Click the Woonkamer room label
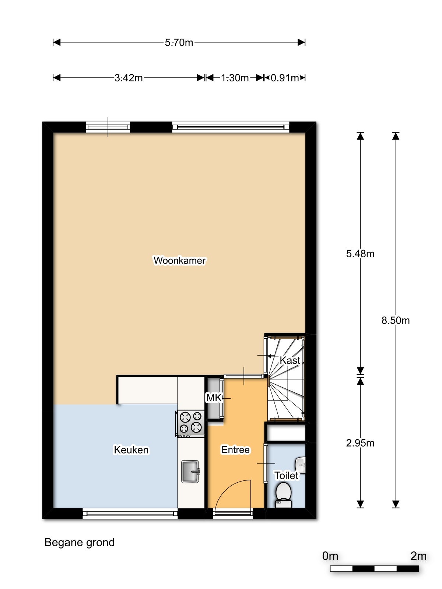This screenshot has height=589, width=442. click(179, 260)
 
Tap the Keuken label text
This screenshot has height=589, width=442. click(131, 450)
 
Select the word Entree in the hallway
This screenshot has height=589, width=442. click(235, 450)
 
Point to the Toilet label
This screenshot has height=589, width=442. click(286, 476)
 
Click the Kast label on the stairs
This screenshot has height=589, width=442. click(290, 360)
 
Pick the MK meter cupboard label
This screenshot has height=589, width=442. click(214, 398)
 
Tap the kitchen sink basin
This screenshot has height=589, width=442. click(190, 472)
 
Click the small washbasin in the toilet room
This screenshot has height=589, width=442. click(300, 465)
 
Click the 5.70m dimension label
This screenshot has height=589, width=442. click(179, 42)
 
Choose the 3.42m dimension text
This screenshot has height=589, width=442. click(129, 78)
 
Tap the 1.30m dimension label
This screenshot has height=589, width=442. click(235, 78)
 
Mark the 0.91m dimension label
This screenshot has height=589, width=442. click(285, 78)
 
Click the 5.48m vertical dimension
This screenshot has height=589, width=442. click(360, 254)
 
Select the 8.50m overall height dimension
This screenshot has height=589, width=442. click(396, 320)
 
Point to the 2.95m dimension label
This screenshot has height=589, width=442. click(360, 443)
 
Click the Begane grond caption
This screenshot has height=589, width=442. click(80, 543)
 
